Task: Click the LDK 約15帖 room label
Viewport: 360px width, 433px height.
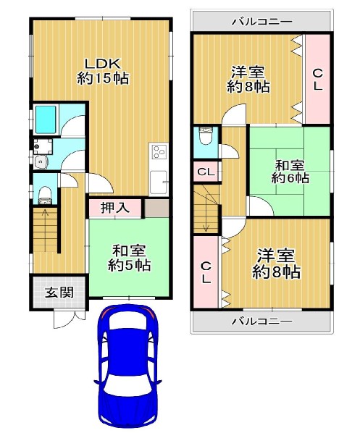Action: pyautogui.click(x=103, y=71)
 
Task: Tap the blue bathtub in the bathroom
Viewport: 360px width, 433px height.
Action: pyautogui.click(x=46, y=120)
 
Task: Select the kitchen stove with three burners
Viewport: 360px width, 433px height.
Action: pyautogui.click(x=159, y=152)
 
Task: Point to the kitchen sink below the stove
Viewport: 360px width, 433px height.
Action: pyautogui.click(x=159, y=182)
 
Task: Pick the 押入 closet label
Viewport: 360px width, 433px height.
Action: pyautogui.click(x=115, y=207)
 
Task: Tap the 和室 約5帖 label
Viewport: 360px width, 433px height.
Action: pyautogui.click(x=129, y=258)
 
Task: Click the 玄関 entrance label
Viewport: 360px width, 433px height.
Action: pyautogui.click(x=59, y=293)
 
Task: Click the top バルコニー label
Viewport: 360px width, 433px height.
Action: pyautogui.click(x=261, y=22)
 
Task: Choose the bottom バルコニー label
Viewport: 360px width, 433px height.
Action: pyautogui.click(x=261, y=321)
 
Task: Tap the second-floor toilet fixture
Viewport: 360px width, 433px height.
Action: pyautogui.click(x=206, y=136)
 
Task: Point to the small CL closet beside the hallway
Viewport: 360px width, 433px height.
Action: pyautogui.click(x=206, y=172)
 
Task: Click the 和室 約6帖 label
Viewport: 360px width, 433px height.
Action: pyautogui.click(x=290, y=172)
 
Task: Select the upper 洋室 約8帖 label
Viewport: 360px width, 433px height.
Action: pyautogui.click(x=248, y=79)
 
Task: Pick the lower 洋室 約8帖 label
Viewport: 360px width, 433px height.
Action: pyautogui.click(x=276, y=264)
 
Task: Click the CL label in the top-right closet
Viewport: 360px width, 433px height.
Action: pyautogui.click(x=318, y=80)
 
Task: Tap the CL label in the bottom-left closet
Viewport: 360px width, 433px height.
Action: pyautogui.click(x=206, y=273)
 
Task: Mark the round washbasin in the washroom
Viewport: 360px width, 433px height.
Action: pyautogui.click(x=41, y=162)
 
